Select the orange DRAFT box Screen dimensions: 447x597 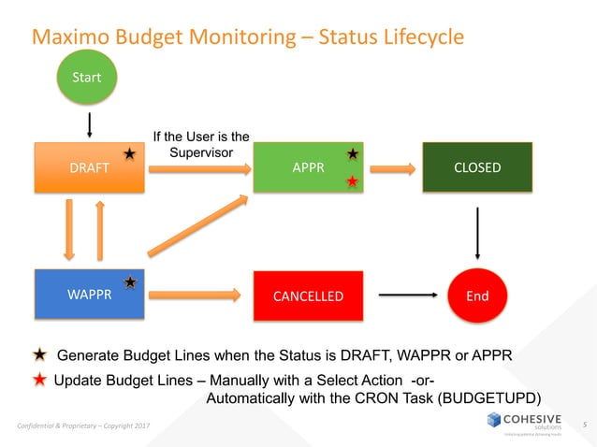pos(89,168)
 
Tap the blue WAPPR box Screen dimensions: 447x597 pos(89,295)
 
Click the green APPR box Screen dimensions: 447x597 pos(308,168)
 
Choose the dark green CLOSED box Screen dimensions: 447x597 pos(477,168)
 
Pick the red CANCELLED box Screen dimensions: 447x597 pos(308,296)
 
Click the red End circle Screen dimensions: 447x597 pos(477,296)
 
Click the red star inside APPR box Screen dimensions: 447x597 pos(352,181)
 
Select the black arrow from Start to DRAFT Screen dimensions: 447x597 pos(90,123)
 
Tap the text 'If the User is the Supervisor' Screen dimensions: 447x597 pos(201,146)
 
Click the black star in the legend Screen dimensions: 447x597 pos(40,355)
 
